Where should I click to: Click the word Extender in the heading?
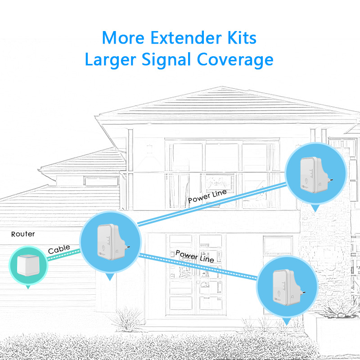(x=186, y=38)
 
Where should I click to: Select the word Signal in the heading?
(x=166, y=60)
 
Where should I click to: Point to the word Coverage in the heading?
(x=235, y=60)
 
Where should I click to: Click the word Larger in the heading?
(x=111, y=60)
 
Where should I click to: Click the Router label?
(x=23, y=234)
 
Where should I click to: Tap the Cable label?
(x=59, y=249)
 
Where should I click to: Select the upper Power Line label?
(x=207, y=197)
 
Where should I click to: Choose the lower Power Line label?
(x=195, y=256)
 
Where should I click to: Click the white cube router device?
(x=28, y=265)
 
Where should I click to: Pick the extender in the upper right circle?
(x=316, y=175)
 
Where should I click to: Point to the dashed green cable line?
(x=63, y=255)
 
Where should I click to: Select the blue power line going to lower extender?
(x=198, y=266)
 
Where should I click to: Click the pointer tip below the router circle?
(x=28, y=289)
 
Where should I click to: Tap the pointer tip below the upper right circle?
(x=315, y=211)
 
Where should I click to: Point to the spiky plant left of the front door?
(x=128, y=319)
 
